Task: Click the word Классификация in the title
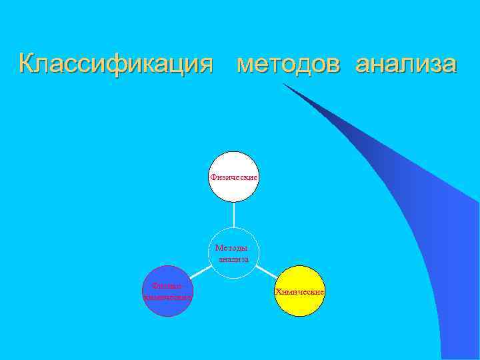point(116,65)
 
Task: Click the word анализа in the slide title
point(406,65)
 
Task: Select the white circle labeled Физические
point(233,163)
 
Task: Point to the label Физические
point(233,177)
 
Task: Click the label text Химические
point(299,293)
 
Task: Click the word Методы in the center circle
point(231,248)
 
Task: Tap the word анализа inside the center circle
point(233,259)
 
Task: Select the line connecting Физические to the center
point(234,215)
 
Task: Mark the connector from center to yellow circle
point(267,271)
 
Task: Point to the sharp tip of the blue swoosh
point(284,85)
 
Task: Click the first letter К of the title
point(27,65)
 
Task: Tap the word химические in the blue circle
point(168,297)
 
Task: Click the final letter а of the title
point(449,66)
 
